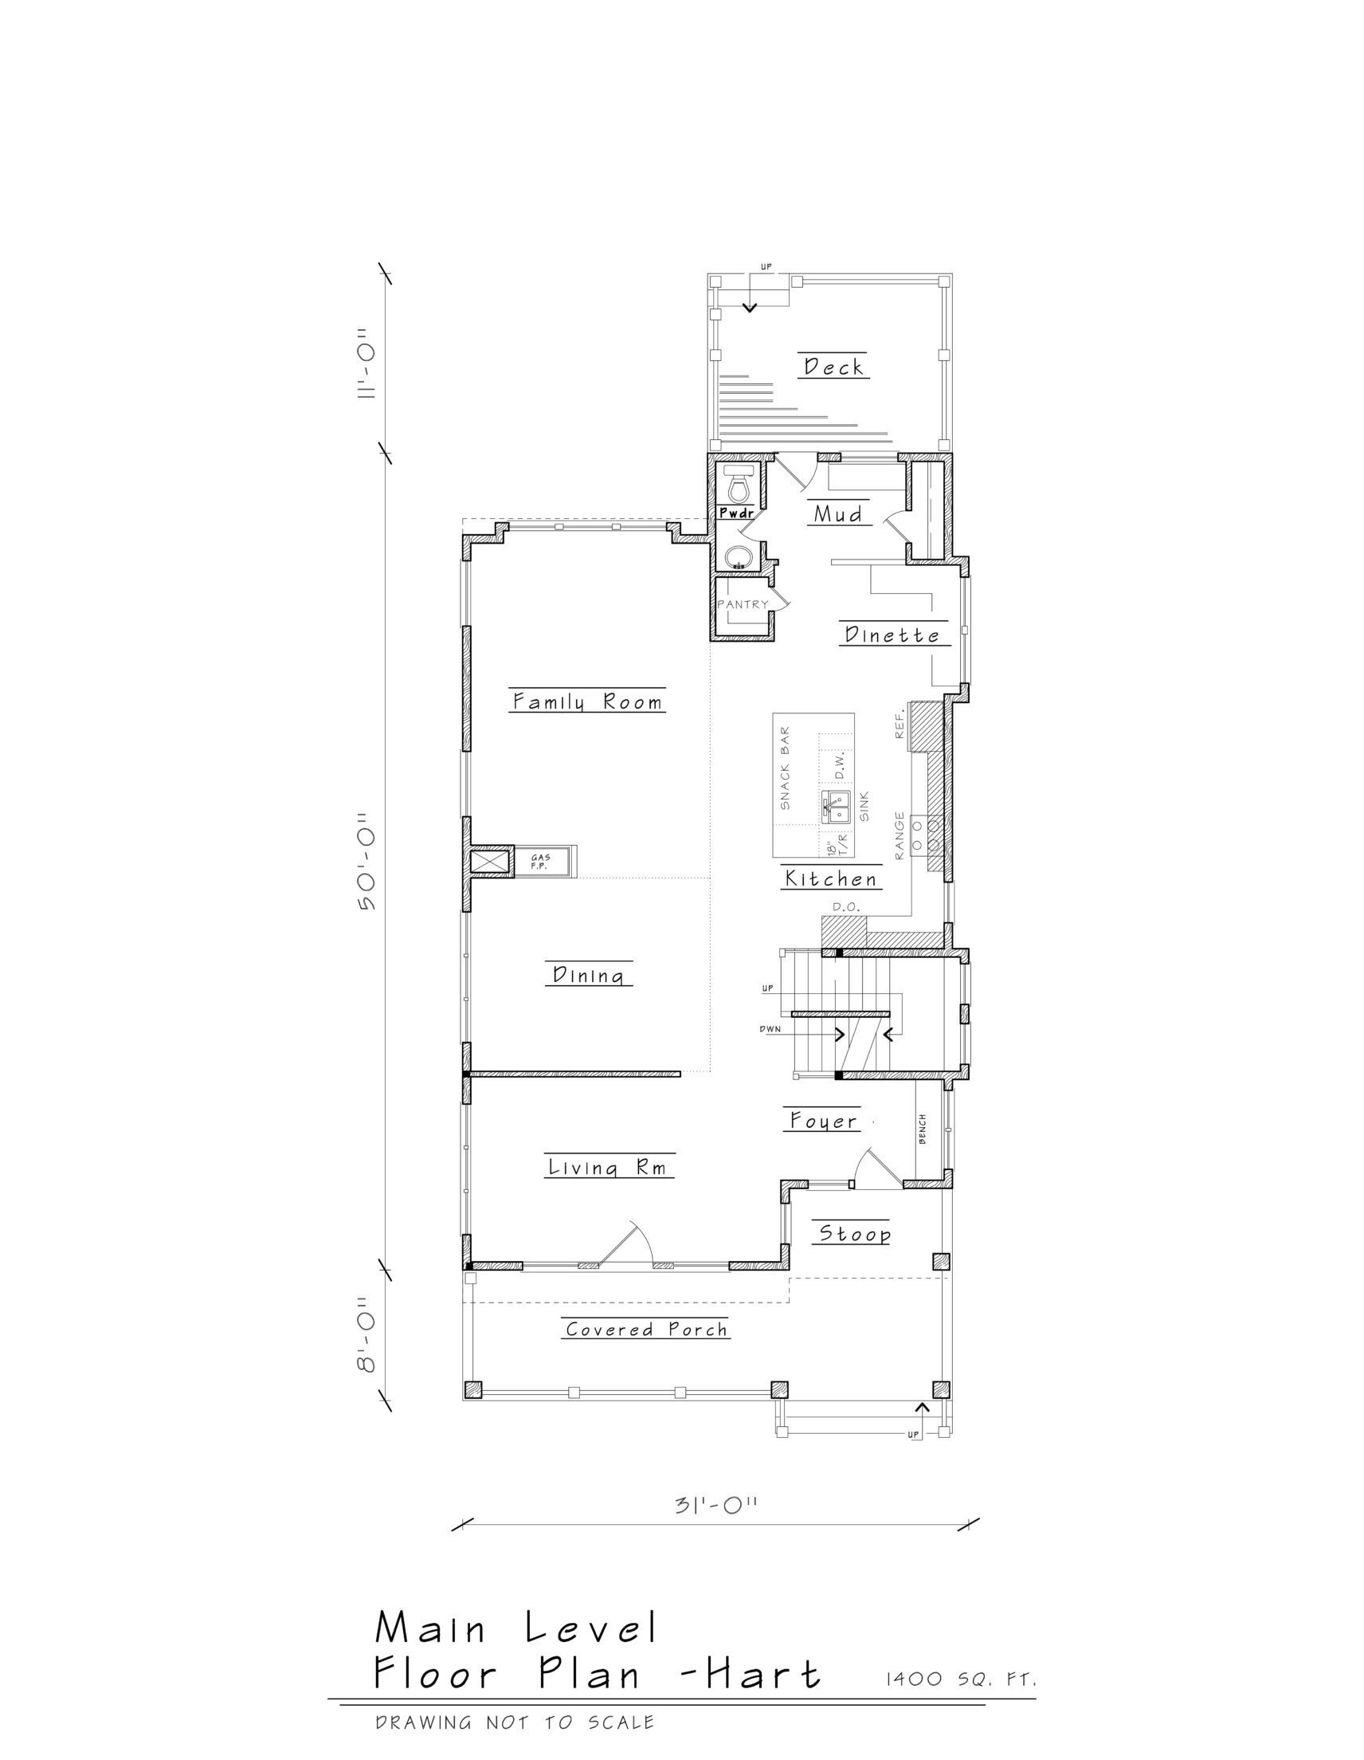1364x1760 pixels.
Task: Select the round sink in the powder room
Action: (738, 557)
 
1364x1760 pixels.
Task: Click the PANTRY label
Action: (743, 604)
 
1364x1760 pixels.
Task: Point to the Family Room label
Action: (588, 701)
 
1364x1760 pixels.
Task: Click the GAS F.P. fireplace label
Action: (539, 862)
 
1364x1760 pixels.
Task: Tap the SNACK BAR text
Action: (785, 768)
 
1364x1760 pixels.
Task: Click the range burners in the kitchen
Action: (927, 835)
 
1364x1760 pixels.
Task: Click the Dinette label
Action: (892, 635)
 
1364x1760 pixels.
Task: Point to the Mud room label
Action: (837, 514)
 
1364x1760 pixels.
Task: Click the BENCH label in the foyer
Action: (922, 1128)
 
